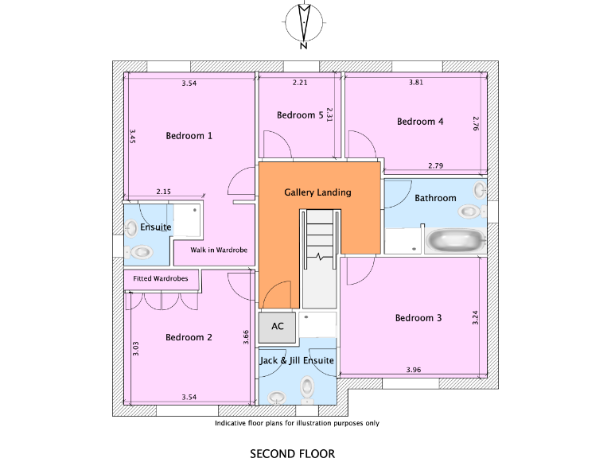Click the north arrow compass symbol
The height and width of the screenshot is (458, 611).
click(x=303, y=23)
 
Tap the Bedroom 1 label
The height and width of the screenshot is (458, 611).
click(x=189, y=136)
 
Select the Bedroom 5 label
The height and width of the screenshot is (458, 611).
click(x=299, y=115)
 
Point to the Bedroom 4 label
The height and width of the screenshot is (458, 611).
click(x=419, y=122)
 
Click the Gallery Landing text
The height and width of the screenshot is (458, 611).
click(x=317, y=192)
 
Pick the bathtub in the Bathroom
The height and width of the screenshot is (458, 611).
click(x=455, y=240)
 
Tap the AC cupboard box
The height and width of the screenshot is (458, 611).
click(x=277, y=326)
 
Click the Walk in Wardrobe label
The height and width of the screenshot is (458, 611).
click(x=219, y=250)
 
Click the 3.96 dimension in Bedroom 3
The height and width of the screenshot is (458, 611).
click(x=413, y=370)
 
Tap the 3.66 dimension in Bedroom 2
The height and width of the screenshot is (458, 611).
click(x=247, y=338)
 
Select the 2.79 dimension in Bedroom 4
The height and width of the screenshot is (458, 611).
click(x=435, y=165)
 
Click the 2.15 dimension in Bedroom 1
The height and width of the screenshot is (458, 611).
click(x=163, y=192)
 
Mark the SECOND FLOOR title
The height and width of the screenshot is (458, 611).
click(x=292, y=454)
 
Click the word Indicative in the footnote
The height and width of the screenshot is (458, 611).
click(x=232, y=424)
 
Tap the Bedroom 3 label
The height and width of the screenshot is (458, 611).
click(x=418, y=318)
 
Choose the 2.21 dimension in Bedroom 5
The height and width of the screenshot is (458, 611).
click(x=299, y=83)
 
